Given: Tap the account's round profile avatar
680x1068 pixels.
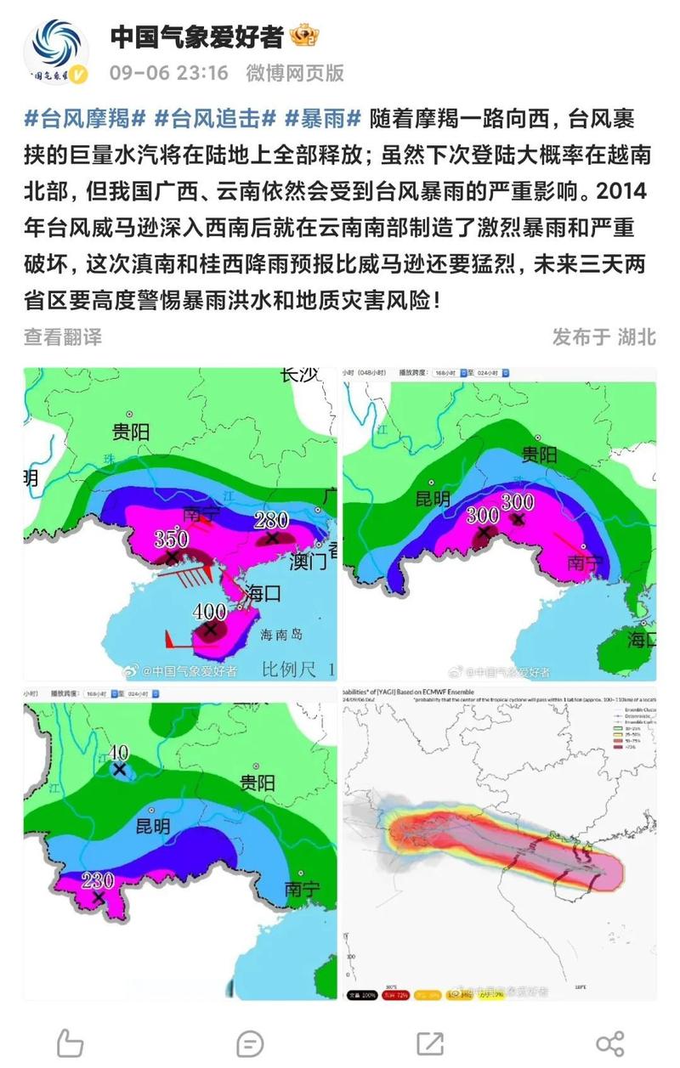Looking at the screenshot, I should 57,53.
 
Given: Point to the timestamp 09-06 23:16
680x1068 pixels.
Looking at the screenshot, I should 169,73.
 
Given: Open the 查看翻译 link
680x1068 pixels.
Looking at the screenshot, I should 63,336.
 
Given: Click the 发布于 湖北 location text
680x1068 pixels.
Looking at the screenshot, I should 603,336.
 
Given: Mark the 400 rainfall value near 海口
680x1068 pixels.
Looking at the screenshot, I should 209,612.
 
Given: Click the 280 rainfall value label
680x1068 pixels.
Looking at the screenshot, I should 271,521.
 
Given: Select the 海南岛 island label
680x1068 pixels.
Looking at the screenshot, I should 280,634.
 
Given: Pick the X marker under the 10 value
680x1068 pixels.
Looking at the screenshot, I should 119,769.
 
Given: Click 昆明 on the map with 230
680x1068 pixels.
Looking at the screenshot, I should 153,825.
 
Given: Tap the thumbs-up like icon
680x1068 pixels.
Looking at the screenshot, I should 70,1043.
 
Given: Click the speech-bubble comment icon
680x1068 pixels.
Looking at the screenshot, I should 250,1043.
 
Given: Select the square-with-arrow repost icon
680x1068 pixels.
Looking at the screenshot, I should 430,1043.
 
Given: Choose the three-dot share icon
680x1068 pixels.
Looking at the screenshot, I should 610,1043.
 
